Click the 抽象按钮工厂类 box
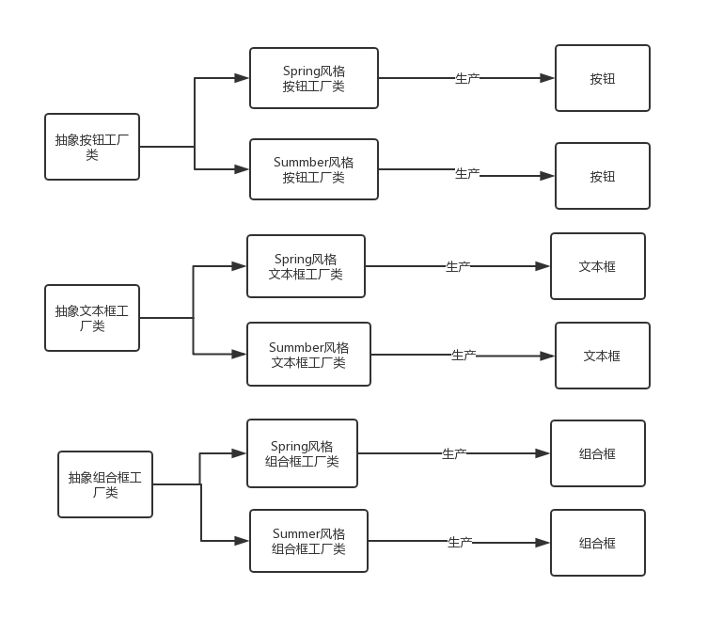92,147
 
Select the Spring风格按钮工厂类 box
314,78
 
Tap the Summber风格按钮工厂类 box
314,169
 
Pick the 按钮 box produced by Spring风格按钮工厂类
602,78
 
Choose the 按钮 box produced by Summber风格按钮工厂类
602,176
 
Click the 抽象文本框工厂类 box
92,318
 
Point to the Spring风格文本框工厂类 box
306,266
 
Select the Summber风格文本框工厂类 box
308,354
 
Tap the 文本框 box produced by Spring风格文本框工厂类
597,266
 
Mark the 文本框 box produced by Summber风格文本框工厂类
602,356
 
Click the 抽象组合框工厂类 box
105,484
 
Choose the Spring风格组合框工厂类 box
302,453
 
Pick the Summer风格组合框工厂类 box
308,541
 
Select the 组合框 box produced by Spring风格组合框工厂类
597,453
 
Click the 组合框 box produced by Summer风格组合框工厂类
597,543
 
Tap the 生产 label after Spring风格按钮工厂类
467,79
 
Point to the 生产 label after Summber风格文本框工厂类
464,355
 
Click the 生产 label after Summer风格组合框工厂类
460,542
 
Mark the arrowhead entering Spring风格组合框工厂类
240,453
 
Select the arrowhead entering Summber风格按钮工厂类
243,169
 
